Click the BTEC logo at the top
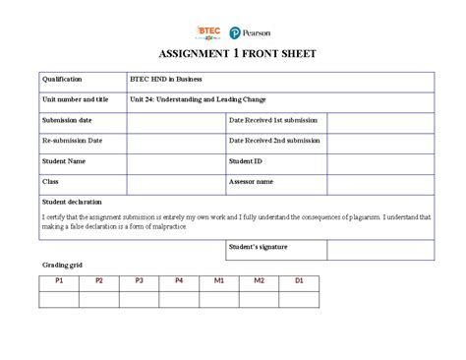pyautogui.click(x=209, y=31)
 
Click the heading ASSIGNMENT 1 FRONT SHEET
pyautogui.click(x=232, y=56)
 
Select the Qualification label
pyautogui.click(x=62, y=79)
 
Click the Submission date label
pyautogui.click(x=68, y=120)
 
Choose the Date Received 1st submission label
pyautogui.click(x=274, y=120)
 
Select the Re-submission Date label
pyautogui.click(x=72, y=141)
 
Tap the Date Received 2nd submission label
pyautogui.click(x=275, y=141)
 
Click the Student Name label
pyautogui.click(x=64, y=160)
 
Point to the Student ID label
pyautogui.click(x=246, y=160)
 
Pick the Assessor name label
pyautogui.click(x=252, y=181)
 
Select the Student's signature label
pyautogui.click(x=258, y=247)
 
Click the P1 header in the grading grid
pyautogui.click(x=59, y=281)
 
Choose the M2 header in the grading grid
pyautogui.click(x=260, y=281)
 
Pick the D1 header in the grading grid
pyautogui.click(x=299, y=281)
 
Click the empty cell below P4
pyautogui.click(x=179, y=298)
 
